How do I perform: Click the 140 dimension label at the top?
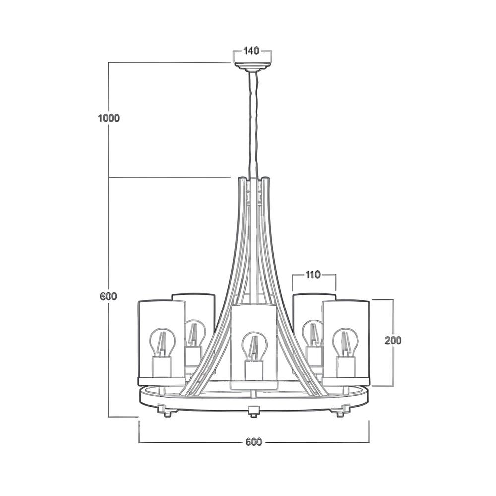[x=251, y=50]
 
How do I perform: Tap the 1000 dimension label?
[x=109, y=118]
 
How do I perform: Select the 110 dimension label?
[x=313, y=275]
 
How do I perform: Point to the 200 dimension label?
[x=393, y=340]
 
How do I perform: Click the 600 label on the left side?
[x=109, y=297]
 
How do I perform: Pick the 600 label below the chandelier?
[x=253, y=441]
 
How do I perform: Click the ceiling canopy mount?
[x=252, y=67]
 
